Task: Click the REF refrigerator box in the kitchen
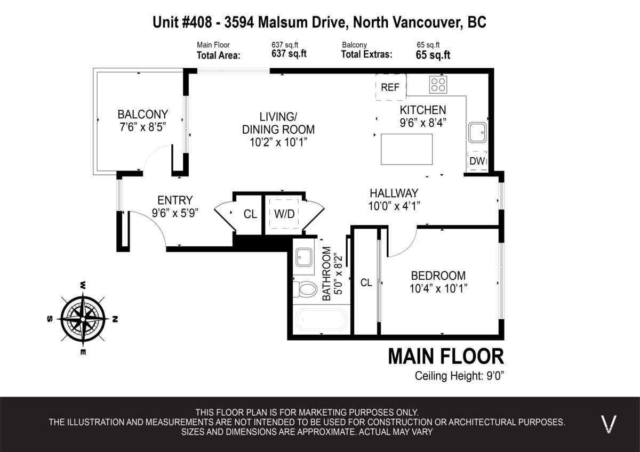coord(390,87)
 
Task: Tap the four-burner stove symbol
coord(438,84)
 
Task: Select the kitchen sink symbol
coord(477,132)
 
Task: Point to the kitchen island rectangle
coord(406,149)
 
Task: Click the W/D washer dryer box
coord(284,214)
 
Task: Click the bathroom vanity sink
coord(305,257)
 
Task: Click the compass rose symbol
coord(82,318)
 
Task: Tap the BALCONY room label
coord(142,114)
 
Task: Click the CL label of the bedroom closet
coord(366,283)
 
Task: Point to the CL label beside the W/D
coord(250,214)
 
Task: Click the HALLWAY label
coord(394,193)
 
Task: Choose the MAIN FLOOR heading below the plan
coord(445,356)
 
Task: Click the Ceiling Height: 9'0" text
coord(459,376)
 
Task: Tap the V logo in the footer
coord(609,424)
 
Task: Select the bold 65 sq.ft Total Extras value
coord(433,54)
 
